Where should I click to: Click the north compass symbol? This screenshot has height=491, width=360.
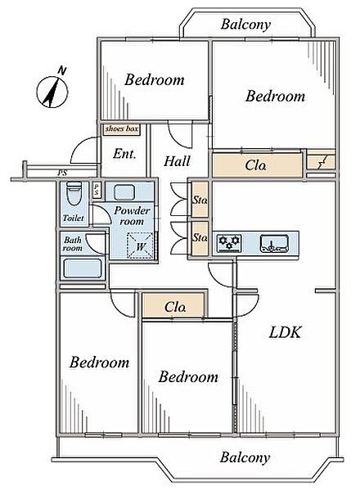[x=52, y=90]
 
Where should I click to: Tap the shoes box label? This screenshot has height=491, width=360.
[x=121, y=129]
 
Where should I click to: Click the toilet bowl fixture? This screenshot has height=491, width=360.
[x=74, y=193]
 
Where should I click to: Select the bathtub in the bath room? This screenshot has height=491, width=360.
[x=83, y=268]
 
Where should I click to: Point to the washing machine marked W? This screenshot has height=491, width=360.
[x=140, y=245]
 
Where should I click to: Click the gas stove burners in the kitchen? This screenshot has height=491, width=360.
[x=229, y=243]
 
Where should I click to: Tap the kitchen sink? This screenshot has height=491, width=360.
[x=274, y=244]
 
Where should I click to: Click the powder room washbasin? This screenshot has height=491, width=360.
[x=124, y=192]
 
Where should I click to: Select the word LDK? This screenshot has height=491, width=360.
[x=285, y=332]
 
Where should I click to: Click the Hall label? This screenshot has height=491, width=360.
[x=177, y=161]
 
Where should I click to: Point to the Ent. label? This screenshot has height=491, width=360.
[x=124, y=154]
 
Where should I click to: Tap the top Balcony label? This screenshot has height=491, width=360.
[x=245, y=25]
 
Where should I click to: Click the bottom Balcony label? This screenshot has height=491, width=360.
[x=245, y=457]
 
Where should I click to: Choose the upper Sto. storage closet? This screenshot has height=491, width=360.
[x=200, y=200]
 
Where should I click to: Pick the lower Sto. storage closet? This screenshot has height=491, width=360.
[x=200, y=238]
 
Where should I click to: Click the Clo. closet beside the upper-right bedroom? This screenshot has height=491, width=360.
[x=258, y=165]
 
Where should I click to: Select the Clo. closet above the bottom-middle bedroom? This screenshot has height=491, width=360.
[x=174, y=306]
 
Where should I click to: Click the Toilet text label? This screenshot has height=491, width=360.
[x=74, y=218]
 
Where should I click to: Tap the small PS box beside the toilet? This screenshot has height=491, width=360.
[x=97, y=190]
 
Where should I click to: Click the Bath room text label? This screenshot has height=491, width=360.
[x=72, y=244]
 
